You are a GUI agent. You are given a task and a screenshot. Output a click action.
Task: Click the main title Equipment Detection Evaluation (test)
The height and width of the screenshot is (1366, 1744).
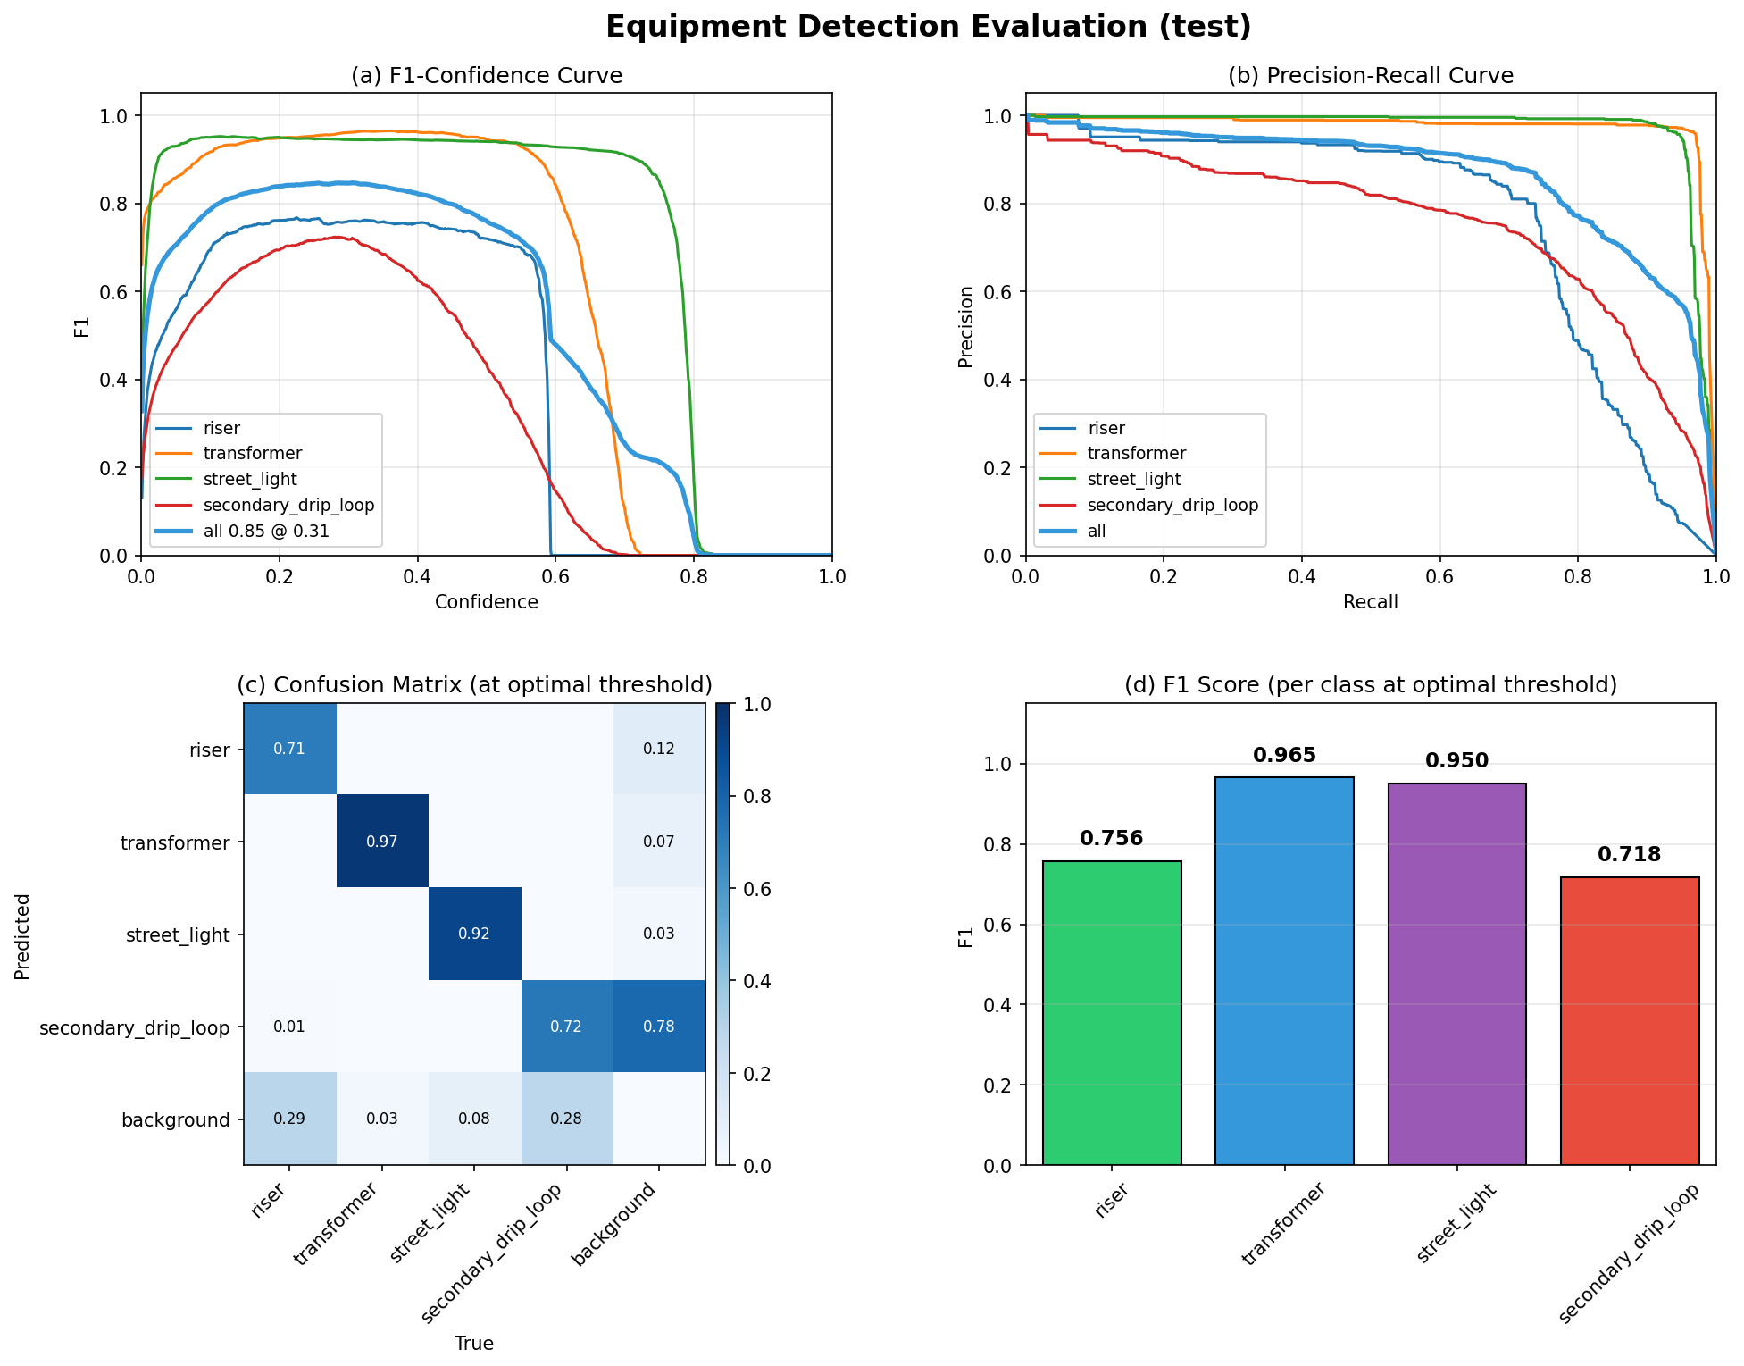tap(928, 27)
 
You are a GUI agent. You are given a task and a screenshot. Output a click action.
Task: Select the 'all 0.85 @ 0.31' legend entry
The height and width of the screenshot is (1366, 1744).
tap(265, 531)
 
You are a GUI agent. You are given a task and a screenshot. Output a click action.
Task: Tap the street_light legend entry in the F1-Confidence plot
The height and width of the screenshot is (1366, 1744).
tap(250, 480)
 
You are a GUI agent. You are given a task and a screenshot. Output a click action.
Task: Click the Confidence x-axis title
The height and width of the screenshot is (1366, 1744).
tap(486, 602)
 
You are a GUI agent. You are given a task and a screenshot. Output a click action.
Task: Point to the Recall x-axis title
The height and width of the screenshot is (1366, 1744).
tap(1370, 602)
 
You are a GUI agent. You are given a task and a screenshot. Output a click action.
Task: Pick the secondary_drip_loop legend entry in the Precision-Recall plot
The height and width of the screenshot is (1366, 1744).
tap(1172, 506)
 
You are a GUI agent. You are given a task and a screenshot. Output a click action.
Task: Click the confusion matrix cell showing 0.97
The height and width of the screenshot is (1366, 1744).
tap(382, 841)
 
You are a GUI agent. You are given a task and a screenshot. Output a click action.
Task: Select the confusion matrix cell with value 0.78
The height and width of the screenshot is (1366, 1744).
tap(658, 1027)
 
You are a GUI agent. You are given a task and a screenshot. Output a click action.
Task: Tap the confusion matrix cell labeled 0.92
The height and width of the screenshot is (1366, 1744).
tap(474, 934)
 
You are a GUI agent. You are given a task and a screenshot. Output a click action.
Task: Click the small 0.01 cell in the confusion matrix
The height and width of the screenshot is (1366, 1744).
tap(289, 1027)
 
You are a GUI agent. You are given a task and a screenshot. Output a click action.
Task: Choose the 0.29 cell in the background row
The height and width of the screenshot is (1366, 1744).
tap(289, 1119)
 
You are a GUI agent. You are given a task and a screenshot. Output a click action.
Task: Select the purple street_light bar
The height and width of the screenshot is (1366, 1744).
tap(1456, 974)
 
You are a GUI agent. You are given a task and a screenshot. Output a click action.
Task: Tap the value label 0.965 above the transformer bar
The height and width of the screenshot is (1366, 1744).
tap(1283, 756)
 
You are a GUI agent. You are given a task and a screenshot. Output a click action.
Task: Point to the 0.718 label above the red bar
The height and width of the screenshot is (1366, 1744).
tap(1628, 855)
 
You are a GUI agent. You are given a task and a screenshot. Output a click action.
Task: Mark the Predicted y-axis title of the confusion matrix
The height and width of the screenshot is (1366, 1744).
tap(22, 935)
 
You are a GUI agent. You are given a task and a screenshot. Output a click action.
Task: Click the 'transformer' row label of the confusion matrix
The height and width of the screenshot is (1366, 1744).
tap(175, 842)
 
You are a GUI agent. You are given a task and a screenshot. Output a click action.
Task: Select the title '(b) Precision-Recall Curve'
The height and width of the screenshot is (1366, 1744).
tap(1370, 76)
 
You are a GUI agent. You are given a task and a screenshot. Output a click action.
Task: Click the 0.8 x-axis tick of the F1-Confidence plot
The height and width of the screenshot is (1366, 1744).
tap(694, 577)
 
